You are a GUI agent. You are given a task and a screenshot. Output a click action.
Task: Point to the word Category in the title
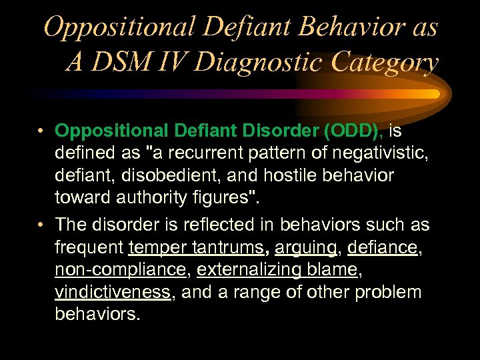[x=389, y=62]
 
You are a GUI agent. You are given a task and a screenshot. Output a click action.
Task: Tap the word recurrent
[x=205, y=153]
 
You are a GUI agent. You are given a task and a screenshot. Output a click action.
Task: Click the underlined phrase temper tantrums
[x=195, y=247]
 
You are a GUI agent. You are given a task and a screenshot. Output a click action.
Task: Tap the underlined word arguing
[x=306, y=247]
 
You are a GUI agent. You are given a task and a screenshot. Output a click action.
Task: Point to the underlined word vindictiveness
[x=113, y=293]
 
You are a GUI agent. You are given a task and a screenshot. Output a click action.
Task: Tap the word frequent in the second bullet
[x=89, y=247]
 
